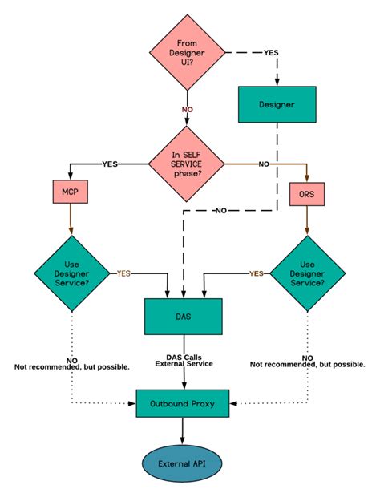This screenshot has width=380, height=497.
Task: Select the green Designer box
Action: (x=277, y=104)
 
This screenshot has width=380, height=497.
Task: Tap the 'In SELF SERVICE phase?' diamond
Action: (x=188, y=164)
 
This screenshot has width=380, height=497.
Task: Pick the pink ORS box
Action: (x=305, y=195)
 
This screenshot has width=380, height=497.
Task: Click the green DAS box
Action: (x=183, y=316)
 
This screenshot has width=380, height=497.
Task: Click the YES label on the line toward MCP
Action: (x=110, y=164)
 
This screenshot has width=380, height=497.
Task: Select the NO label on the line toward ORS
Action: (x=264, y=164)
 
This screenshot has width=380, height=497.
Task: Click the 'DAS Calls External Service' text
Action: (x=183, y=360)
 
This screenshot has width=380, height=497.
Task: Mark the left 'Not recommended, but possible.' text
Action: (x=72, y=366)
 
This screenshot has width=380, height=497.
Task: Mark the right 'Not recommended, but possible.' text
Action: (x=307, y=363)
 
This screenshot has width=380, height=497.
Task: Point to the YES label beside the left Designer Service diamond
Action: (x=123, y=273)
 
